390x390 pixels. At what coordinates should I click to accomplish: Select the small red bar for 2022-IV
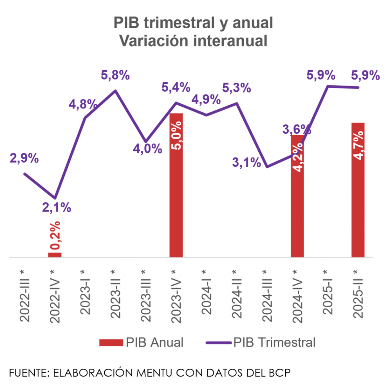[x=55, y=255]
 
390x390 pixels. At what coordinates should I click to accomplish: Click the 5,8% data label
[x=115, y=75]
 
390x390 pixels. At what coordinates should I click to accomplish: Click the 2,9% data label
[x=24, y=158]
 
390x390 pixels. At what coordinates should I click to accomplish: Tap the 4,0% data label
[x=148, y=149]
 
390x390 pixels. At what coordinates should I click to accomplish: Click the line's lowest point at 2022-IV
[x=56, y=198]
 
